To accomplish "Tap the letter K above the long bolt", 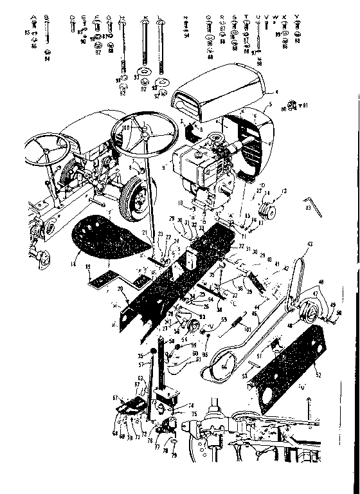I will point(146,17).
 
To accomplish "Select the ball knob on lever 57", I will point(155,351).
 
